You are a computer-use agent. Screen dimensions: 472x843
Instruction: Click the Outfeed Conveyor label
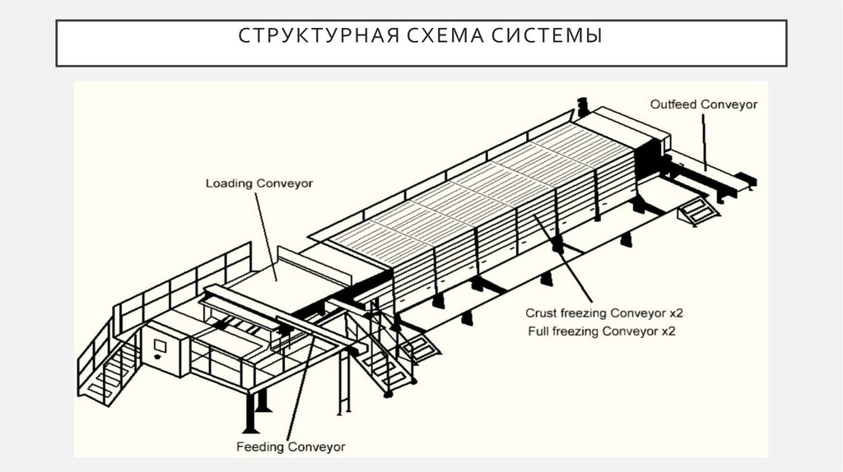pos(704,104)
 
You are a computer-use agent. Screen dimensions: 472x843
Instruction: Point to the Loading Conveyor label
pos(258,183)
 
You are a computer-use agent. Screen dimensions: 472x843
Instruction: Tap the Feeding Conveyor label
pos(291,447)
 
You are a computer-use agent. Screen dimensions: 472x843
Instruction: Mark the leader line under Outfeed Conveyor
pos(705,140)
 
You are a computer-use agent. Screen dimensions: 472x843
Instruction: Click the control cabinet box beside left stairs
pos(162,349)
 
